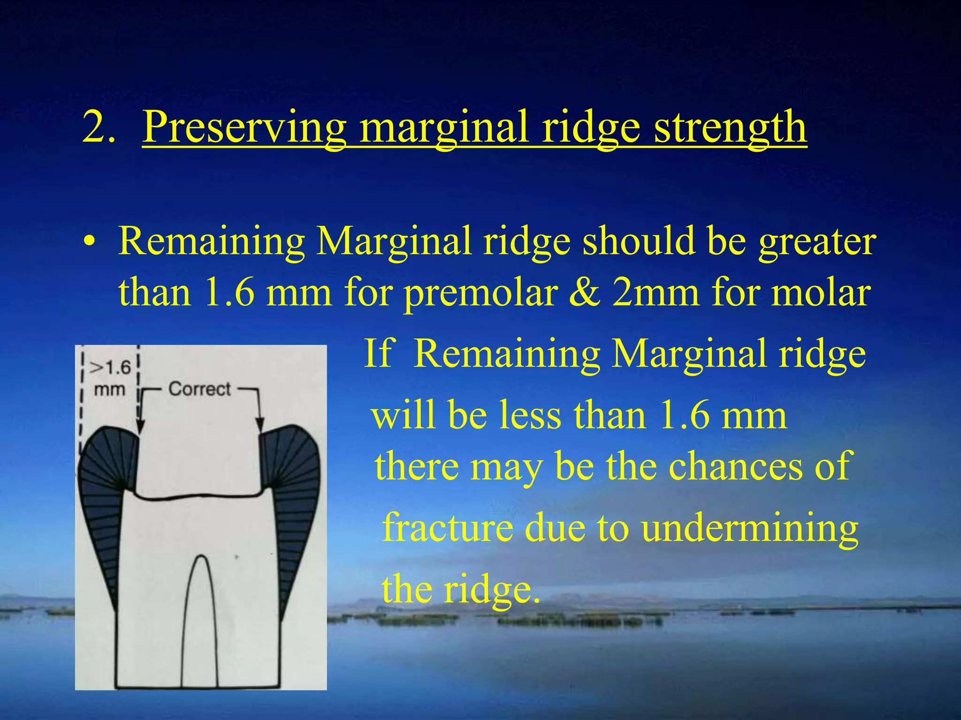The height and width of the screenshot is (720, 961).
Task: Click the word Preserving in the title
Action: [x=244, y=127]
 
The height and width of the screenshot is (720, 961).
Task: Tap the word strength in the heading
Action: [x=730, y=127]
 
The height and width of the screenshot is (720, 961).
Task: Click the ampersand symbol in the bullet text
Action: [x=584, y=293]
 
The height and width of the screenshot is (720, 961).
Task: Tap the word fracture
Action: [x=446, y=527]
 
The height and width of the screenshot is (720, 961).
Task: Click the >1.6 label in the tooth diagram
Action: [x=110, y=368]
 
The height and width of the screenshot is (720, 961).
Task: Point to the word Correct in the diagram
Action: [x=199, y=389]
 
